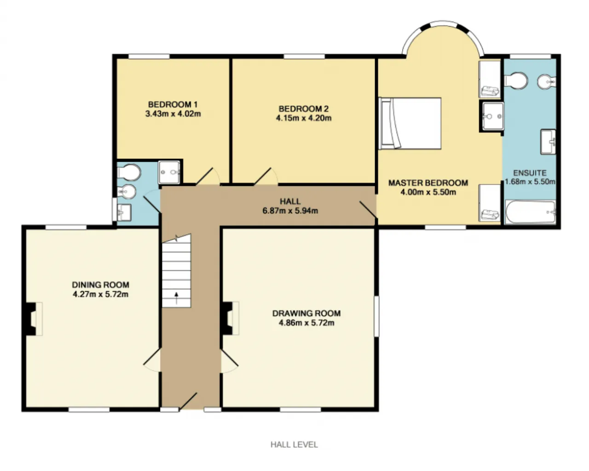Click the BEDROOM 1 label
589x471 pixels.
pos(173,104)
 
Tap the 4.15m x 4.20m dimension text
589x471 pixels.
pos(304,118)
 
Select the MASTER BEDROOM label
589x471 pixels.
pos(428,182)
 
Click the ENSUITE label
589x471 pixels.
pos(530,173)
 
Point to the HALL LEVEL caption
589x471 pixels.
pos(294,444)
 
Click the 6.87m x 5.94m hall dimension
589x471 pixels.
pos(290,211)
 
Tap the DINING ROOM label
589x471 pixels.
pos(100,285)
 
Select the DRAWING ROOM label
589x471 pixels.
pos(306,313)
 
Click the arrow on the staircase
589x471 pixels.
pos(177,298)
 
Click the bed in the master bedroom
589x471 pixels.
pos(410,123)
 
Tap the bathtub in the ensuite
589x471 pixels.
pos(530,212)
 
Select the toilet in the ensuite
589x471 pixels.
pos(516,81)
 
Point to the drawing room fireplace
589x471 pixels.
pos(231,318)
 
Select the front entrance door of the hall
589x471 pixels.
pos(188,402)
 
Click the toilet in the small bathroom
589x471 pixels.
pos(129,172)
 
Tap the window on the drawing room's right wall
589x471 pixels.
pos(376,316)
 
